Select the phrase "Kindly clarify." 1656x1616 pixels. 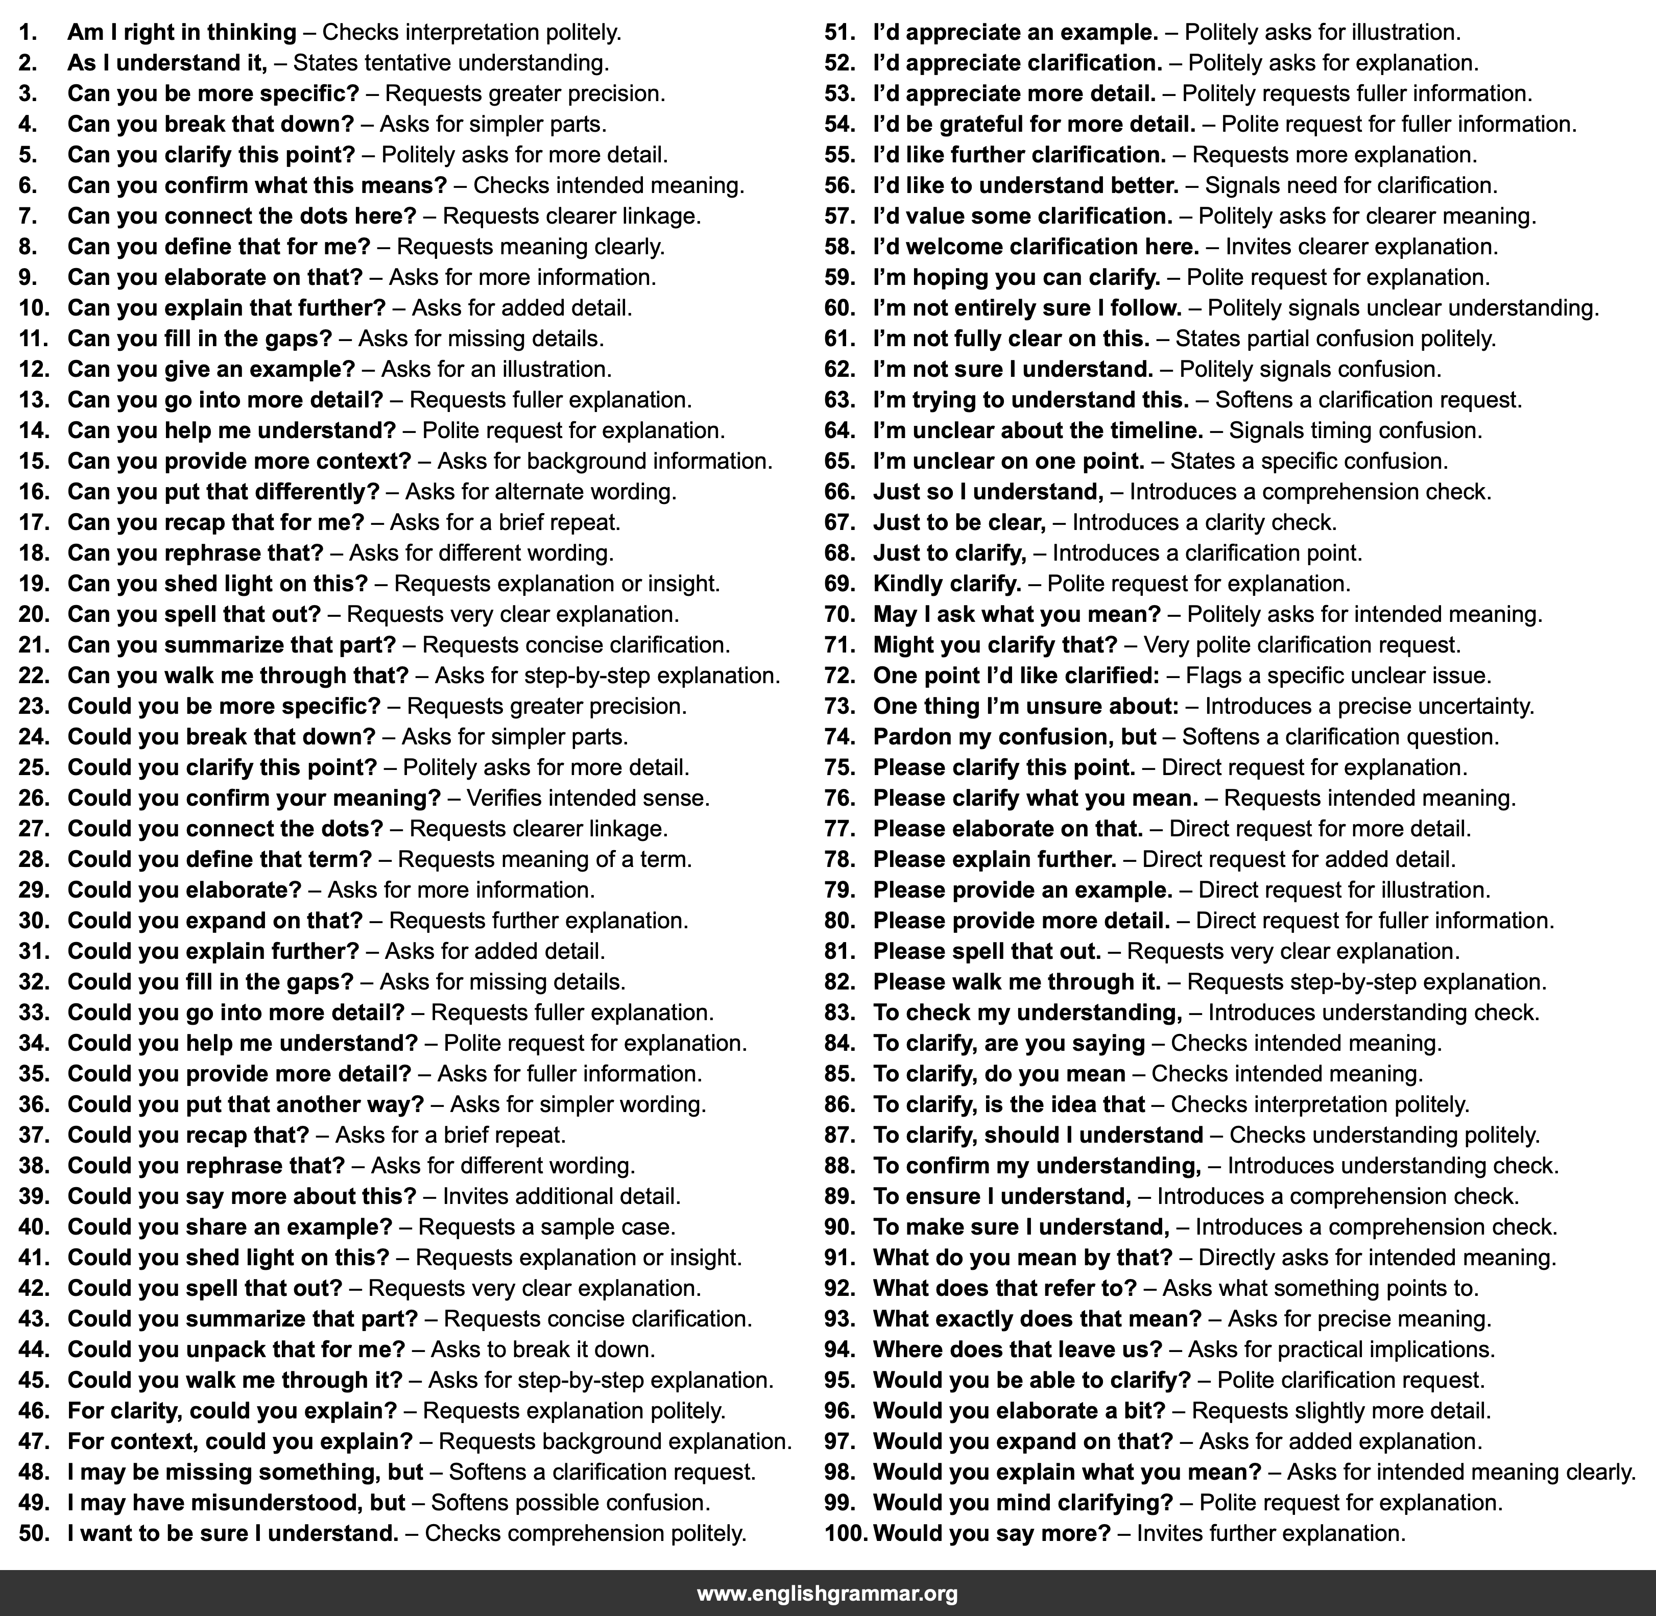point(946,584)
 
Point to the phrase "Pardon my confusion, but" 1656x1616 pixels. point(1014,737)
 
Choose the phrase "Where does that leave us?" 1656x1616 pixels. point(1018,1349)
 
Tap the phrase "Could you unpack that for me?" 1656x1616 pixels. point(236,1349)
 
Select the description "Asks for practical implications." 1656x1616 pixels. point(1341,1349)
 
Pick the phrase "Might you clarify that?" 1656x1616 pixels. point(995,645)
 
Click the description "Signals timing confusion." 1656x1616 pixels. point(1355,431)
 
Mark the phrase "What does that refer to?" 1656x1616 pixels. point(1004,1288)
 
